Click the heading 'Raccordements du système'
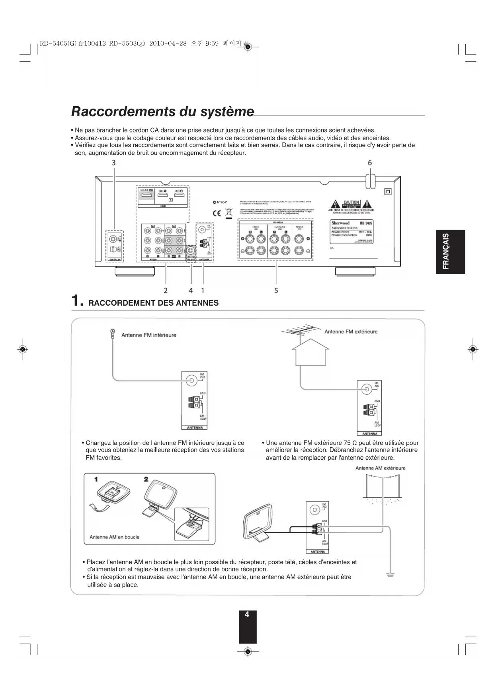[162, 111]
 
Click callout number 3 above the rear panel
[114, 162]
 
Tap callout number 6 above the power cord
[370, 162]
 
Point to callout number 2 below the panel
[166, 291]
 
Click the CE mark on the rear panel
[217, 213]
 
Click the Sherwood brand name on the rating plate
[341, 223]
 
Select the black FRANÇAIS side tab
[450, 252]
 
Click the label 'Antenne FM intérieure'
[148, 335]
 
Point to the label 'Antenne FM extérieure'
[351, 331]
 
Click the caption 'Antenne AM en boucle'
[114, 537]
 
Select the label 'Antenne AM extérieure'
[380, 468]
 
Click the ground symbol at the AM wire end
[390, 574]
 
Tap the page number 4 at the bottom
[247, 615]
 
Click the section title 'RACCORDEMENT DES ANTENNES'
[153, 303]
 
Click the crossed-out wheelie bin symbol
[228, 213]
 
